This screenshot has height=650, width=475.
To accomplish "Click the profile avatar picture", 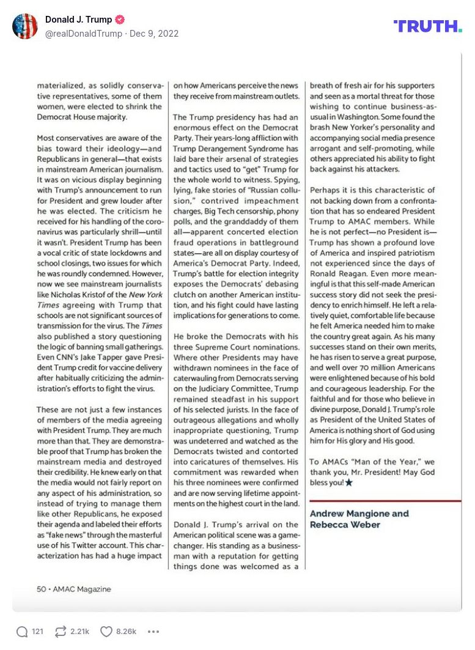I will pos(25,26).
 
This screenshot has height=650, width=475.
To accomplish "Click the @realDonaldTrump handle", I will pos(83,34).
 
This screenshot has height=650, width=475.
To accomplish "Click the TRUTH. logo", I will pos(427,26).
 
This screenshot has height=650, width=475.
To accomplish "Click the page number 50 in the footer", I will pos(42,589).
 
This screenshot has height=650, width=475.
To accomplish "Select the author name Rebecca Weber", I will pos(345,525).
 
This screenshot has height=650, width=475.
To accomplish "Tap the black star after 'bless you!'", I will pos(349,482).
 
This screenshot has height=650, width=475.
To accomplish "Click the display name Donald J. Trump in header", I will pos(79,20).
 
